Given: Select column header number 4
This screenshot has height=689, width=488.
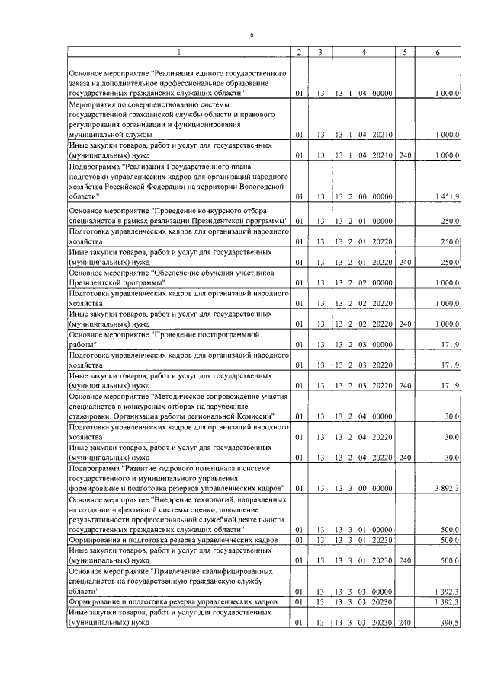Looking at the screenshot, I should pyautogui.click(x=363, y=52).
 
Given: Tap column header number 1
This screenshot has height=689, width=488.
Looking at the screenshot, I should pyautogui.click(x=179, y=52).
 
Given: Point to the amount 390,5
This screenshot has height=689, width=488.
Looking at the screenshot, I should pyautogui.click(x=449, y=622).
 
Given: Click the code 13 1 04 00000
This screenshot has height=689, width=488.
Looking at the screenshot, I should pyautogui.click(x=363, y=93).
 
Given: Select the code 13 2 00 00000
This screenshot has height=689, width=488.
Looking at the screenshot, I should pyautogui.click(x=363, y=197).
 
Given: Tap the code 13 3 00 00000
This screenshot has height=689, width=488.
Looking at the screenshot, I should pyautogui.click(x=363, y=487).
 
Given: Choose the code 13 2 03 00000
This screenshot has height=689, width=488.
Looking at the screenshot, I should pyautogui.click(x=363, y=345).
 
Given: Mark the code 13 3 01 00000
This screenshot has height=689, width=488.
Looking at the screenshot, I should pyautogui.click(x=363, y=529).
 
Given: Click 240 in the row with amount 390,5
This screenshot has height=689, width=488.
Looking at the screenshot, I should pyautogui.click(x=405, y=622).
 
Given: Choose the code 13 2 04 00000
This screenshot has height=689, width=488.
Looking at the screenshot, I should pyautogui.click(x=363, y=416).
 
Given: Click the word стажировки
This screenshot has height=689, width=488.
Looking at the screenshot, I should pyautogui.click(x=91, y=416).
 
